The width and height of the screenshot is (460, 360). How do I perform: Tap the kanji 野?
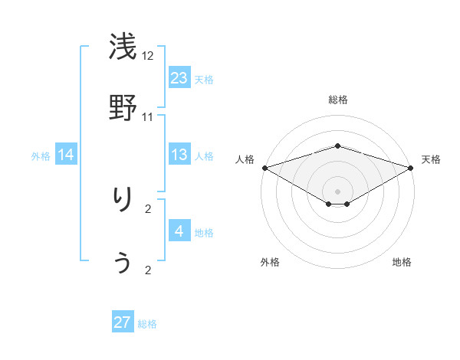click(123, 106)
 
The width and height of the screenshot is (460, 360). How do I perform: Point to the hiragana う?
click(123, 262)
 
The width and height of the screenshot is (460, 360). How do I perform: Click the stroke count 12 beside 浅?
click(148, 57)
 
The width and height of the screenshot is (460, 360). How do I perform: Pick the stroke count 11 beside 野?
click(148, 116)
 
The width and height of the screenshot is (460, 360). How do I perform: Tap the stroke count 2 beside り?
click(148, 208)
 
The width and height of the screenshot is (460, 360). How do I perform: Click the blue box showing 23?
click(179, 78)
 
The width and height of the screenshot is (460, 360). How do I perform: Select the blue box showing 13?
click(179, 155)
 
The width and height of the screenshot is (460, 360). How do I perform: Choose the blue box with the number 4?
click(179, 232)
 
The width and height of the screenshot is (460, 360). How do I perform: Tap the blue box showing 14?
click(66, 155)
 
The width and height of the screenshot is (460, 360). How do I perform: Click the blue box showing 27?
click(123, 322)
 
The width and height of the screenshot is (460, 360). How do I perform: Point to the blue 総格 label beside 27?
click(147, 324)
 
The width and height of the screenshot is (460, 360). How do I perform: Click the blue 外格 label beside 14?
click(41, 156)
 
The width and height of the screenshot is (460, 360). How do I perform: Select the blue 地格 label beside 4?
click(204, 233)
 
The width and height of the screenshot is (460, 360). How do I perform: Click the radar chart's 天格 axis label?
click(431, 159)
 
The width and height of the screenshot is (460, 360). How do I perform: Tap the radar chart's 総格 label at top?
click(338, 100)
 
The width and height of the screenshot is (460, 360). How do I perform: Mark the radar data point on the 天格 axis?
click(411, 168)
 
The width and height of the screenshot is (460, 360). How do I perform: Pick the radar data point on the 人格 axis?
click(264, 168)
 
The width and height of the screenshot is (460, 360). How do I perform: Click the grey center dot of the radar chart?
click(338, 191)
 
